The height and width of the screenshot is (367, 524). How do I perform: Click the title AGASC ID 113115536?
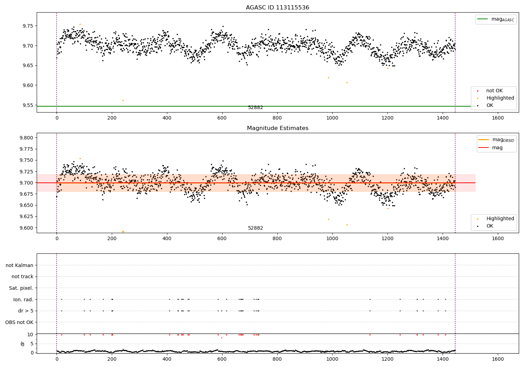(x=277, y=8)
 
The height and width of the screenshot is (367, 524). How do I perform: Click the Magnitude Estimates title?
(x=277, y=128)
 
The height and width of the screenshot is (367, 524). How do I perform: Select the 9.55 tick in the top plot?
(x=28, y=105)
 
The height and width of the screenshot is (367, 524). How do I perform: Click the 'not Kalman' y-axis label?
(x=20, y=265)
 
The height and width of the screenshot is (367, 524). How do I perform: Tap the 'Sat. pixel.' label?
(x=21, y=288)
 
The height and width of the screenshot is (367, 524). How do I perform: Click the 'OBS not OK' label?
(x=19, y=322)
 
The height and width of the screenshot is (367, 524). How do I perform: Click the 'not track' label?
(x=22, y=276)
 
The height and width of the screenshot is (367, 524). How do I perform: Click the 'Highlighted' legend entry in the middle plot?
(x=500, y=218)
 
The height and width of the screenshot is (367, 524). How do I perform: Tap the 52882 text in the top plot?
(x=255, y=108)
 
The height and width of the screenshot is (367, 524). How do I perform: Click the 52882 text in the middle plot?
(x=255, y=228)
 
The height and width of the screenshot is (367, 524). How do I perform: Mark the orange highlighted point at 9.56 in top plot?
(x=123, y=100)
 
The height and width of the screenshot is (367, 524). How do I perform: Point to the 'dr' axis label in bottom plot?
(x=23, y=344)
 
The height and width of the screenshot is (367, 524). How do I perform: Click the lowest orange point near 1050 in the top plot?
(x=347, y=82)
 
